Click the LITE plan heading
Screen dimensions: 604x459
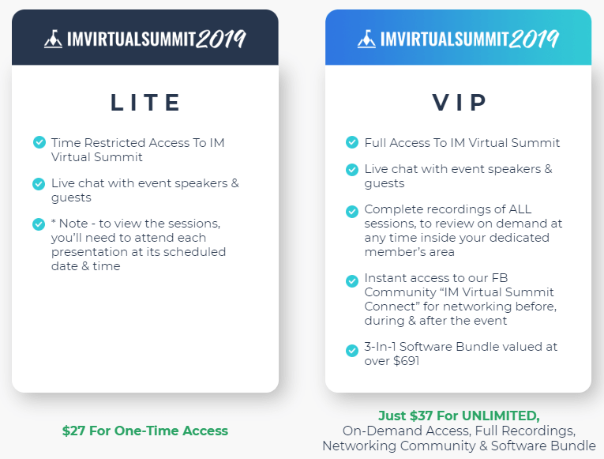pos(145,103)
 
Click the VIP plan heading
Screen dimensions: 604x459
pos(460,103)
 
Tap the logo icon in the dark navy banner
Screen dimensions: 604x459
pos(53,39)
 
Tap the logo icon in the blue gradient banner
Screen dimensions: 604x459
pos(366,39)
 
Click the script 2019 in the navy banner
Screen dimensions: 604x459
pos(221,39)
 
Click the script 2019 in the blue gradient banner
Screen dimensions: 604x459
pos(534,39)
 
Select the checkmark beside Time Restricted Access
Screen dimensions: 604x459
pos(39,142)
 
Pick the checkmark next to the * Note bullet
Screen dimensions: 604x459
pos(39,224)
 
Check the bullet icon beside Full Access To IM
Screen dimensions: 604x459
pos(351,142)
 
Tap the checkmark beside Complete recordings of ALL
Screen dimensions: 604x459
pos(351,211)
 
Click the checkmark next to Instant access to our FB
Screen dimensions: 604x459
pos(351,280)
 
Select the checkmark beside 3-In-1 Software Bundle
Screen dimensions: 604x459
pos(351,351)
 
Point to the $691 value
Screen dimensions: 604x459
pos(406,361)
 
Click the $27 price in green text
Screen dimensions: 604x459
pos(73,431)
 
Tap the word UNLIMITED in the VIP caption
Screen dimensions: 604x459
pos(501,416)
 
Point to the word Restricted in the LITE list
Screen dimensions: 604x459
pos(114,142)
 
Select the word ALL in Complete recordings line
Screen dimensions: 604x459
pos(520,209)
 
